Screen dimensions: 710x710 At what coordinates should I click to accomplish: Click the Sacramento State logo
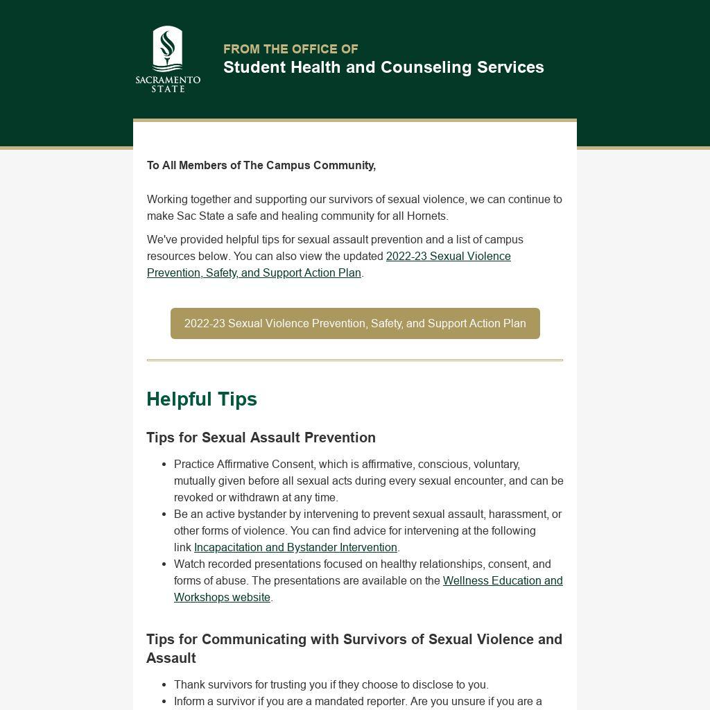pyautogui.click(x=168, y=59)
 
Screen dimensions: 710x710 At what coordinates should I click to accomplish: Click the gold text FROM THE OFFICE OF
pyautogui.click(x=291, y=49)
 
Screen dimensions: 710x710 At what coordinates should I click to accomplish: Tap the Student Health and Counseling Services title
pyautogui.click(x=383, y=67)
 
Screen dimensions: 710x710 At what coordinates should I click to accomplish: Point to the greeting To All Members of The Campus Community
pyautogui.click(x=261, y=166)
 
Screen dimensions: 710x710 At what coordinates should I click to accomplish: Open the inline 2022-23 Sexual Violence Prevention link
pyautogui.click(x=448, y=257)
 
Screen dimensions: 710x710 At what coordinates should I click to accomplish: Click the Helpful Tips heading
pyautogui.click(x=202, y=399)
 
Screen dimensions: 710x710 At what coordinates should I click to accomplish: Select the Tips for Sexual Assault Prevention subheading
pyautogui.click(x=261, y=438)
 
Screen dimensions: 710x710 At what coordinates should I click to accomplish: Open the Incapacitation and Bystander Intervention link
pyautogui.click(x=295, y=548)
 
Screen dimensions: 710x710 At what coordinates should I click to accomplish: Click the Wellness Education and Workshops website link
pyautogui.click(x=503, y=581)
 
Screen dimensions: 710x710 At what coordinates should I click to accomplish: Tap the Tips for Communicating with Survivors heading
pyautogui.click(x=354, y=640)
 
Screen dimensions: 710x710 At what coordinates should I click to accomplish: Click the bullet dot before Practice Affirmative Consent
pyautogui.click(x=164, y=465)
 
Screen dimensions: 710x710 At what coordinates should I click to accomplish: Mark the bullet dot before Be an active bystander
pyautogui.click(x=164, y=514)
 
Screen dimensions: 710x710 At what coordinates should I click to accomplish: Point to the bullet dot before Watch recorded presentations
pyautogui.click(x=164, y=564)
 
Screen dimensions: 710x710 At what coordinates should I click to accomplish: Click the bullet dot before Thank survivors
pyautogui.click(x=164, y=685)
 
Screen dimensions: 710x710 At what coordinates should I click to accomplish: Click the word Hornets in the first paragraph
pyautogui.click(x=426, y=216)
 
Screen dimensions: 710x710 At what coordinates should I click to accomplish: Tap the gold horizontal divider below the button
pyautogui.click(x=355, y=361)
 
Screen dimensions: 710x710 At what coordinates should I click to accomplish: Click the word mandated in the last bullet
pyautogui.click(x=330, y=702)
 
